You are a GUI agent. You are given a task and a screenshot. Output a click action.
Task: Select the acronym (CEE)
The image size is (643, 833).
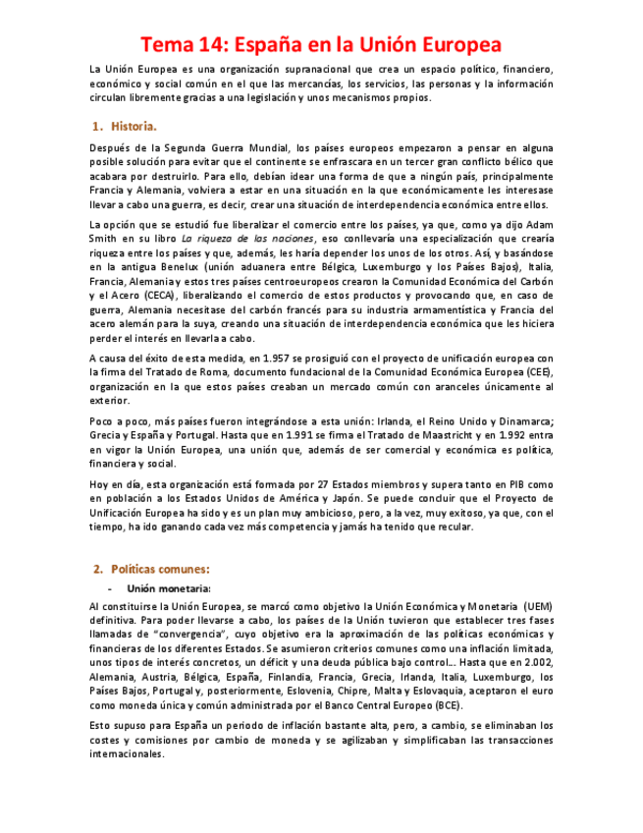(x=538, y=372)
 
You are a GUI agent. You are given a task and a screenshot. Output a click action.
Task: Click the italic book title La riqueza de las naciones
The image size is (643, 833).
(x=262, y=239)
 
